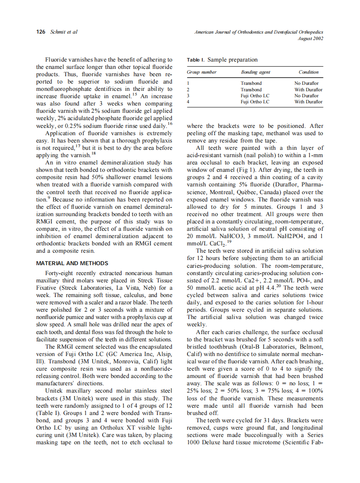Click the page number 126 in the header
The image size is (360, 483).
point(41,32)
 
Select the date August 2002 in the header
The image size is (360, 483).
point(310,38)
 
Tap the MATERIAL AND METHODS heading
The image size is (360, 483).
point(72,263)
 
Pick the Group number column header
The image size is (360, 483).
point(202,72)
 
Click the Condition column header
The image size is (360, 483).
point(308,72)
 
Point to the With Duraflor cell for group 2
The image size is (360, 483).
point(308,90)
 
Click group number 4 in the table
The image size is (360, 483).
point(188,102)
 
